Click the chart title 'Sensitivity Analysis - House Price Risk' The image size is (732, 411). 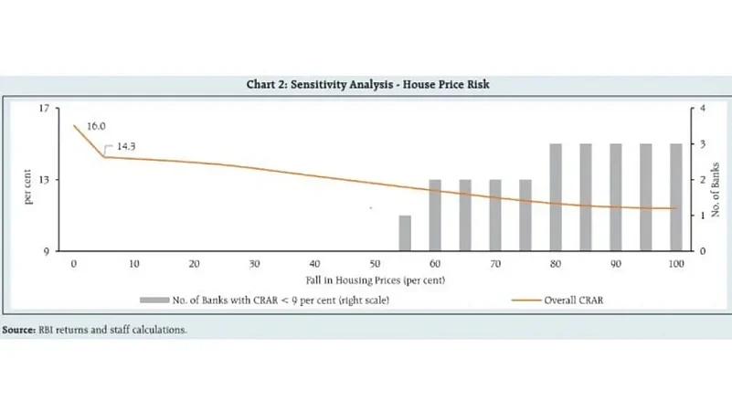(x=369, y=85)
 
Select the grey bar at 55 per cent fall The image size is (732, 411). (x=405, y=233)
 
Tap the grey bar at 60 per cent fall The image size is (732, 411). (x=435, y=216)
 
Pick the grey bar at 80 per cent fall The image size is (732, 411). (x=556, y=197)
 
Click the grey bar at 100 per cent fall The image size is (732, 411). (x=676, y=197)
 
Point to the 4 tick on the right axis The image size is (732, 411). (x=702, y=109)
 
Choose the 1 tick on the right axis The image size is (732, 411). (x=702, y=216)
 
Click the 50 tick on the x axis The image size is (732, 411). (x=375, y=264)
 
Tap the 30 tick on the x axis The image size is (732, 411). (x=254, y=264)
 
